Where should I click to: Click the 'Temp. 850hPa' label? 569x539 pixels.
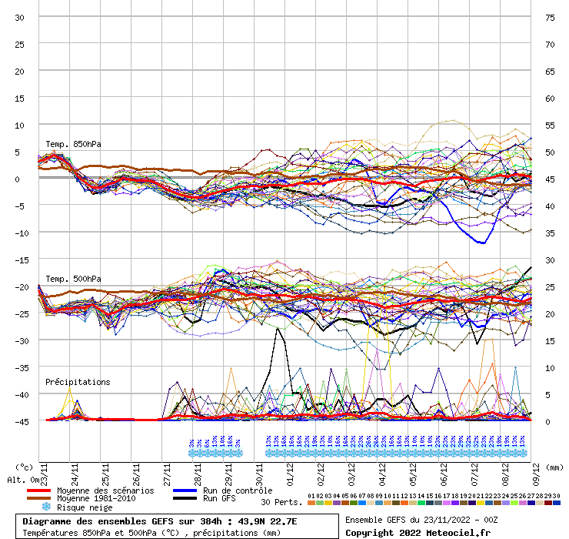73,144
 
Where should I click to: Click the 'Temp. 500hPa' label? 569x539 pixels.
73,279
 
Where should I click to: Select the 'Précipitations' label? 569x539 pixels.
78,382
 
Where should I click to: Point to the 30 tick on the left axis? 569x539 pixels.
19,17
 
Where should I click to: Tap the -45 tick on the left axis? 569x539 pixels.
19,421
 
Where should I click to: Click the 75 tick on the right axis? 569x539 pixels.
549,17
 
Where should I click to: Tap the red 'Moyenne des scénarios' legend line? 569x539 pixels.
38,490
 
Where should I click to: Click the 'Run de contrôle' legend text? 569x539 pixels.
238,490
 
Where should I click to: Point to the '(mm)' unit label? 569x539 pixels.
555,467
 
